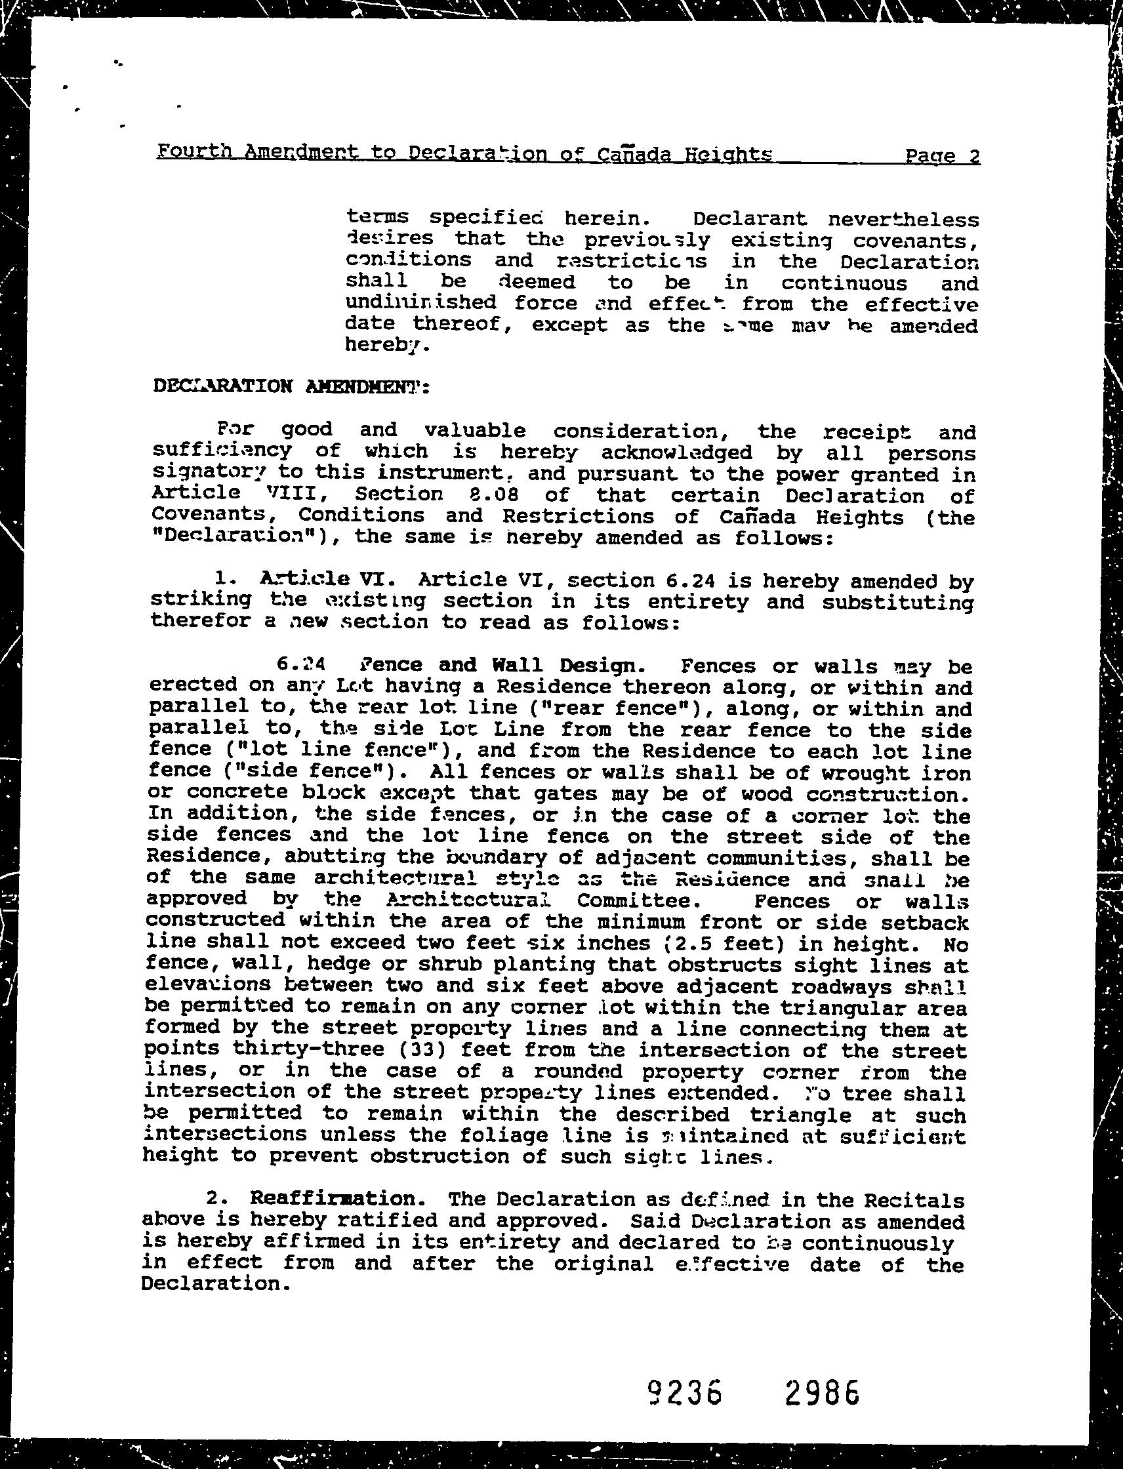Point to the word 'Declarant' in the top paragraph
(750, 218)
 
